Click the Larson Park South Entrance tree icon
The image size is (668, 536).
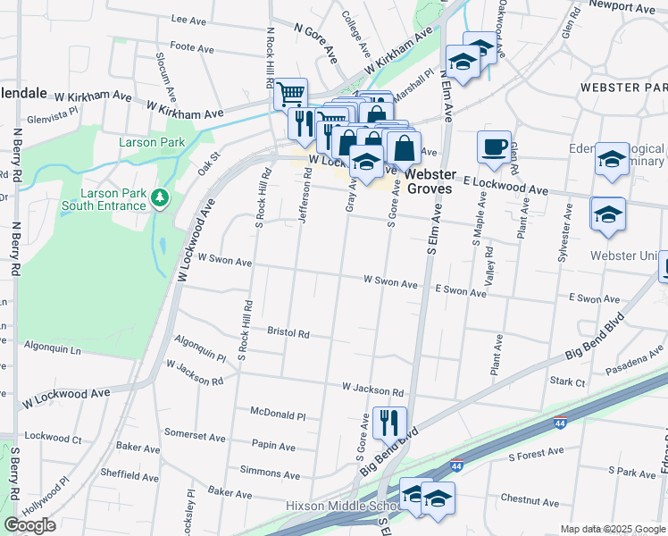point(160,197)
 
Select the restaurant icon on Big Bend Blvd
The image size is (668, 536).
point(388,422)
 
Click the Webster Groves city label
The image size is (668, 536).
point(432,181)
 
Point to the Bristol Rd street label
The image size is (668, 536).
point(288,332)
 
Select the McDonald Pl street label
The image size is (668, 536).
point(278,415)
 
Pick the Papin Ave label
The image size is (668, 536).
point(273,446)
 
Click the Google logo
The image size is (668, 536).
point(29,525)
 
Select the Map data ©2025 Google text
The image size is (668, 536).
point(612,529)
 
